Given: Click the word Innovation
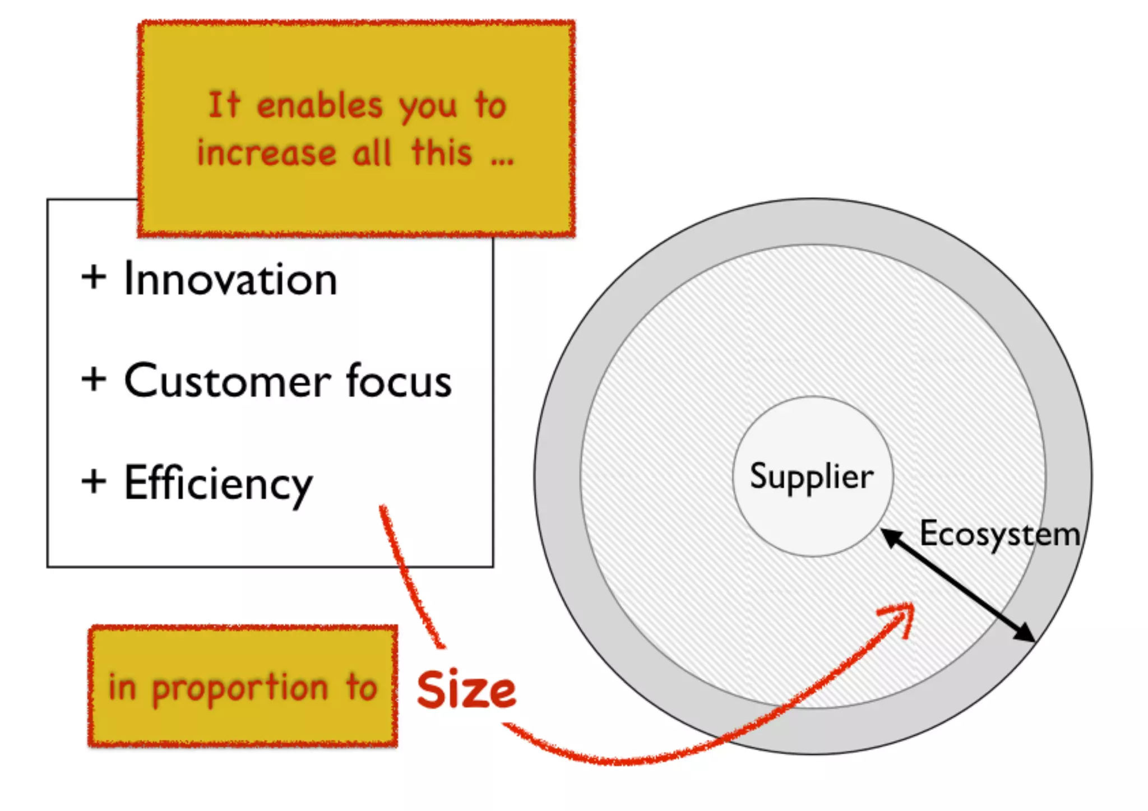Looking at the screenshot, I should pos(230,279).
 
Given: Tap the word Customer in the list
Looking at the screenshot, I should pos(227,381).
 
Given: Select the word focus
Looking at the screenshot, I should pos(399,381).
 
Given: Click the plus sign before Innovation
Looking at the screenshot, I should pos(94,277).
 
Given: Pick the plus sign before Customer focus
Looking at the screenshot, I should pos(94,379).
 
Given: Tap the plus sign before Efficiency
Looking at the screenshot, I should pos(94,481).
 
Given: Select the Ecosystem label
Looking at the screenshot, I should pos(999,535).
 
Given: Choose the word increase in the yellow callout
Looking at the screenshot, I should pos(267,153).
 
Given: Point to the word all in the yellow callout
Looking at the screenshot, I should pos(372,153).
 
